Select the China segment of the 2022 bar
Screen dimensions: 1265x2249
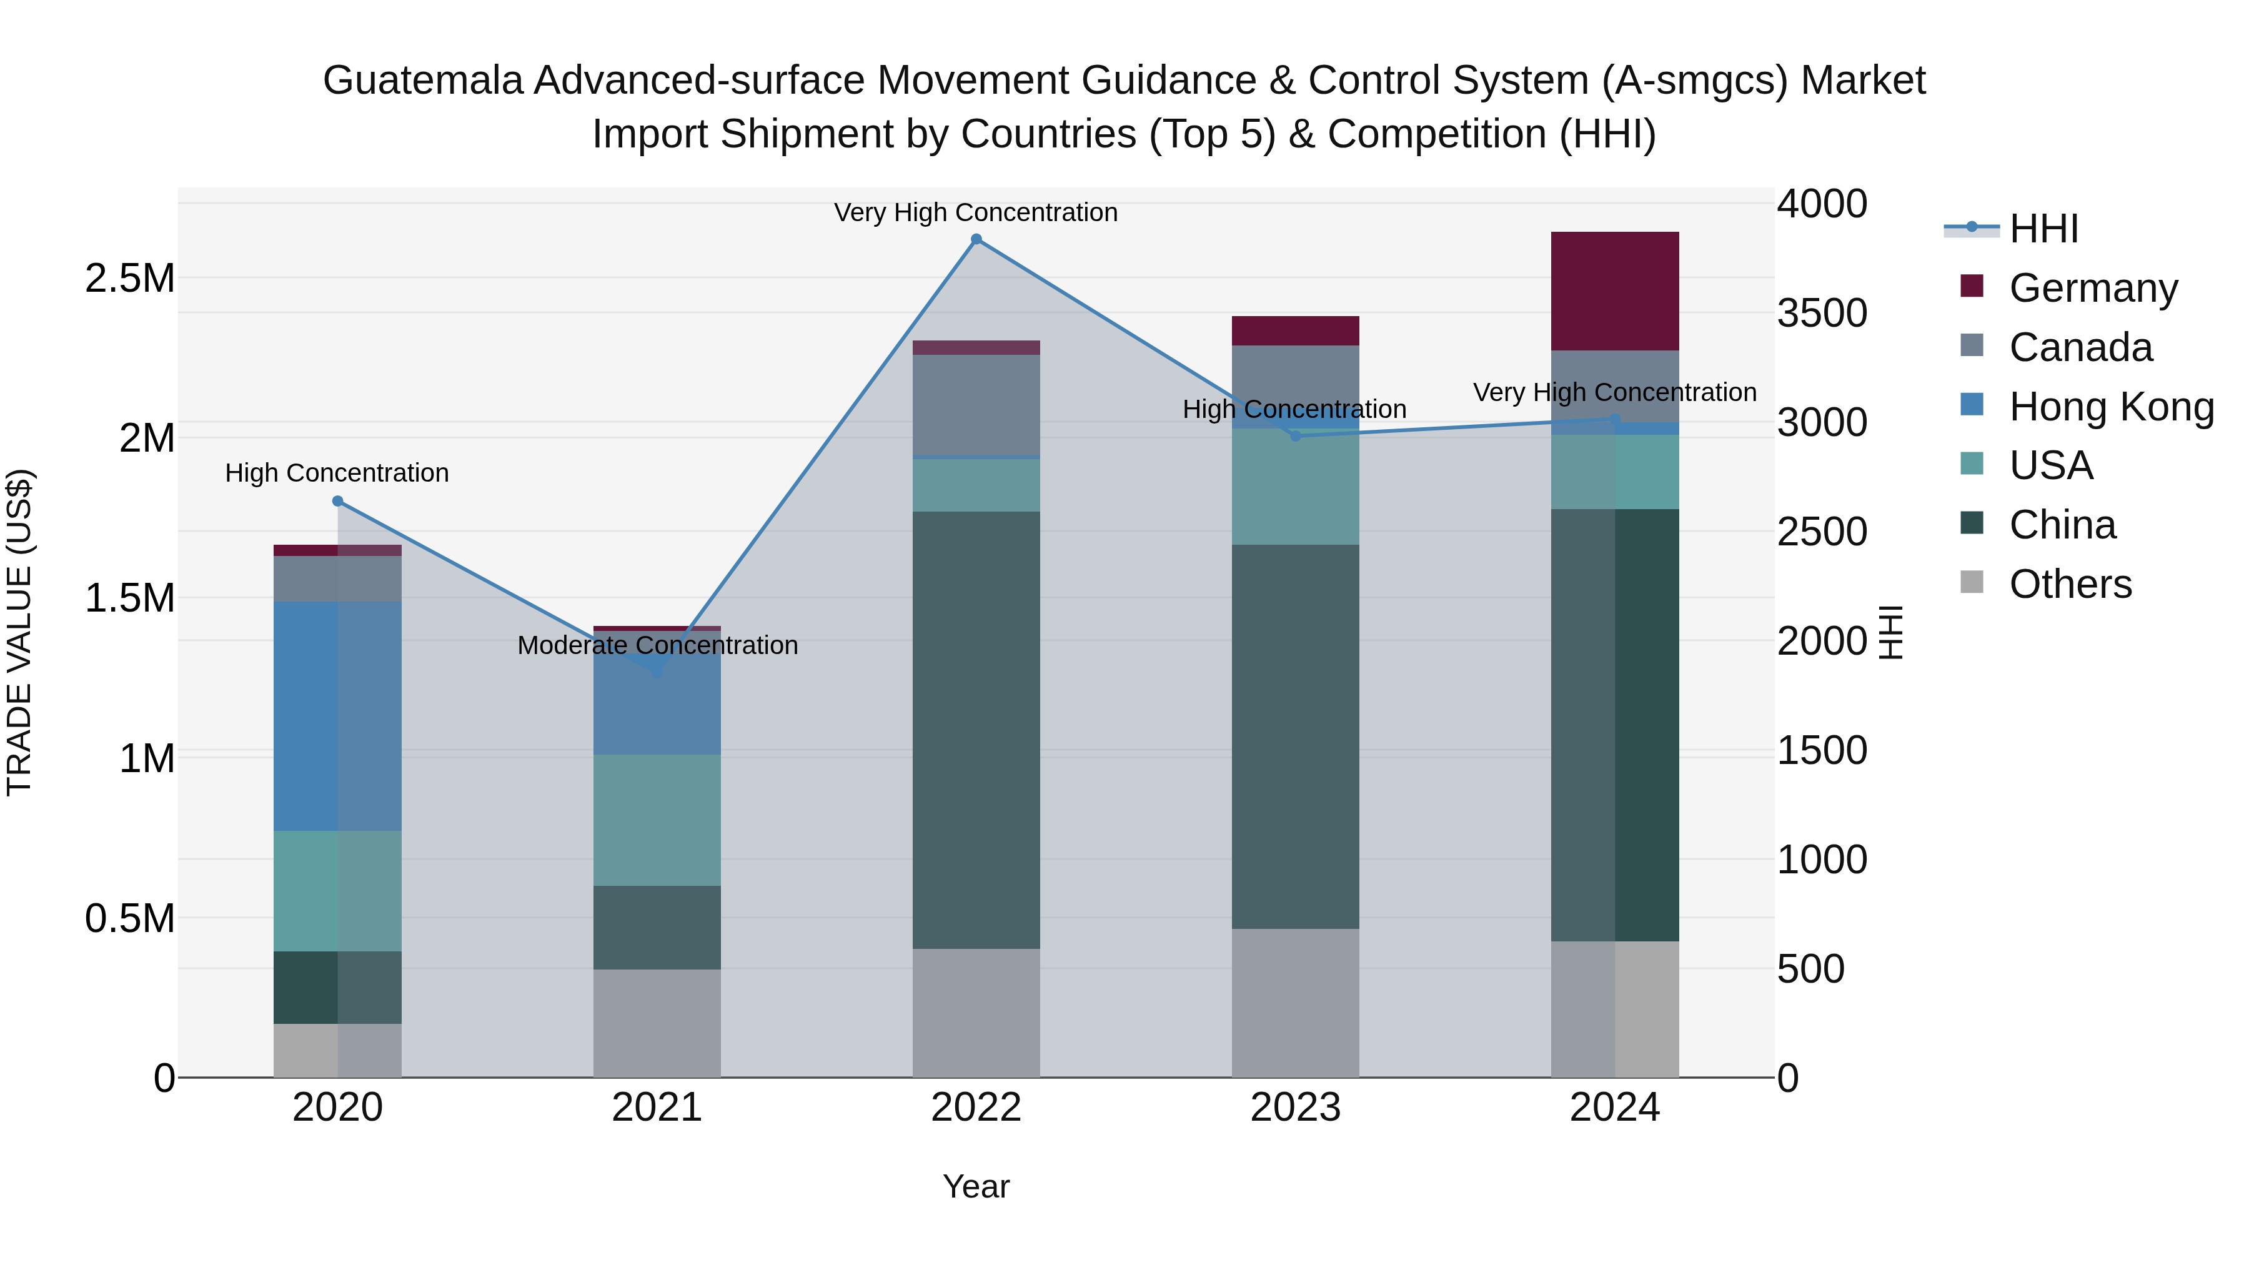click(976, 730)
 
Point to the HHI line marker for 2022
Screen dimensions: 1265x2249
click(976, 239)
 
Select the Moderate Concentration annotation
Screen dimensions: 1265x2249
click(657, 645)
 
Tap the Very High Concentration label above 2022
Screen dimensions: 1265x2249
click(975, 212)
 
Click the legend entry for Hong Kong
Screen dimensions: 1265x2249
click(2111, 407)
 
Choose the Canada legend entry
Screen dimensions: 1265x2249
click(2080, 347)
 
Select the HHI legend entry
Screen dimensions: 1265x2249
click(2043, 229)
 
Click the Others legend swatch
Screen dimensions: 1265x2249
click(1972, 582)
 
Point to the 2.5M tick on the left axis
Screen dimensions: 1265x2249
click(130, 279)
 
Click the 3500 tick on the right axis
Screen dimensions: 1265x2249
click(1822, 314)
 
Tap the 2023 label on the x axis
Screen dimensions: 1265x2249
click(1295, 1108)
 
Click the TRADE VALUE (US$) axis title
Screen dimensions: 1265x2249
click(19, 632)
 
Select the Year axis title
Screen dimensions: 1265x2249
click(976, 1186)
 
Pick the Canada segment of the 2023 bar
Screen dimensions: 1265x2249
click(1295, 387)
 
